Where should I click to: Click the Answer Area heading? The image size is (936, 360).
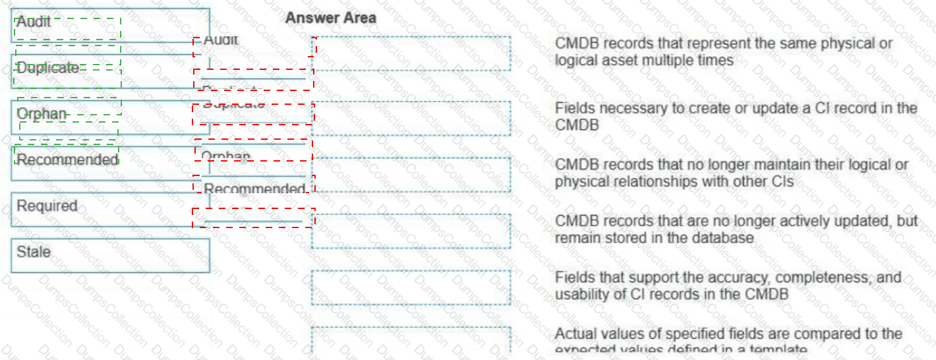coord(331,18)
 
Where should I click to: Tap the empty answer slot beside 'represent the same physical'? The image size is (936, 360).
coord(411,54)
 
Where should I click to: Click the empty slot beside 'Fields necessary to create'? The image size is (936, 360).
coord(411,118)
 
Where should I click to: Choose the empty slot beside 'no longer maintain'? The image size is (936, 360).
coord(411,175)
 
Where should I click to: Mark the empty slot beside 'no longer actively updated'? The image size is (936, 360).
coord(411,231)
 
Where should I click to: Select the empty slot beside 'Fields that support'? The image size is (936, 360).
coord(411,287)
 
